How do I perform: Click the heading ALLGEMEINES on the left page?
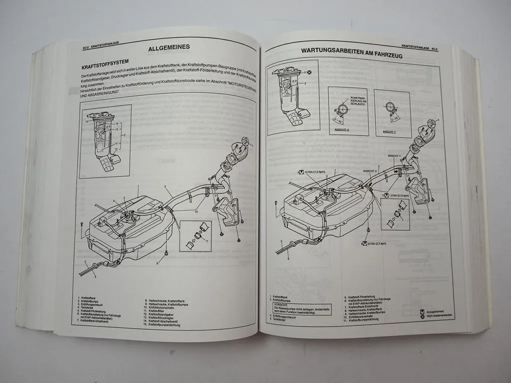(x=169, y=49)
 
